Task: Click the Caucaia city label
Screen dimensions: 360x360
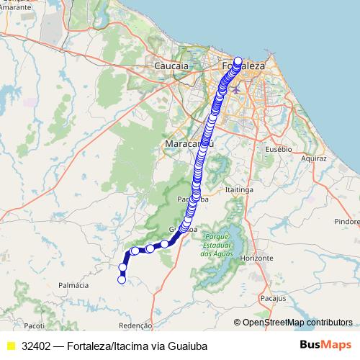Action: click(x=171, y=66)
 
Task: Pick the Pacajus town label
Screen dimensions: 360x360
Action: click(x=274, y=297)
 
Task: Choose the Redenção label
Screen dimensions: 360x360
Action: click(x=135, y=325)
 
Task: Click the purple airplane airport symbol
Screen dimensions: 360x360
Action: click(x=237, y=90)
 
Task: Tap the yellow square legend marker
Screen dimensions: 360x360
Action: click(x=10, y=346)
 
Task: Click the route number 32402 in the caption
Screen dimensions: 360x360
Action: click(x=36, y=346)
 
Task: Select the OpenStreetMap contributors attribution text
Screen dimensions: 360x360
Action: click(x=297, y=323)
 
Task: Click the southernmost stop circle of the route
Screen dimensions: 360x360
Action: click(x=122, y=280)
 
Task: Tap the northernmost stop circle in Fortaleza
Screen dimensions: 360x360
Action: click(x=238, y=60)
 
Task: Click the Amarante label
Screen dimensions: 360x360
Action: click(x=16, y=7)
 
